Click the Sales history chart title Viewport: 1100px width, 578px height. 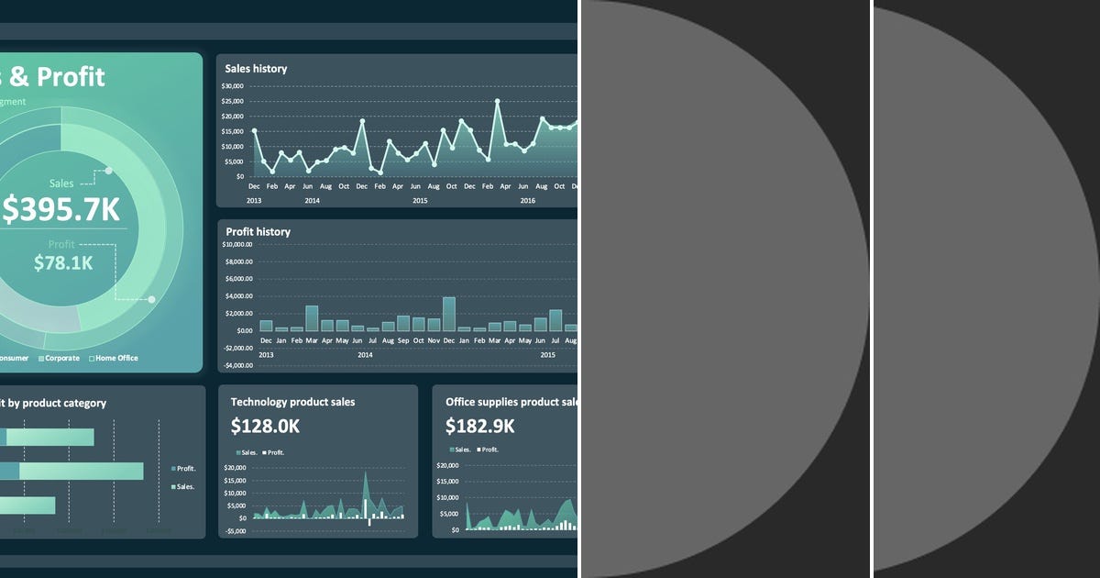coord(256,69)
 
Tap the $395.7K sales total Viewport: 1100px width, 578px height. coord(60,210)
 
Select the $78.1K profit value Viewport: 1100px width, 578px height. coord(63,263)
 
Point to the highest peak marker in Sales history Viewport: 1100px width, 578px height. coord(497,101)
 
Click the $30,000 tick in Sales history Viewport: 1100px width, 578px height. coord(233,86)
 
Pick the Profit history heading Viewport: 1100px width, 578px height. coord(258,232)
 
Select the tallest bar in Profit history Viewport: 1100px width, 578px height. coord(449,314)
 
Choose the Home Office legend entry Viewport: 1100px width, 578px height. coord(115,358)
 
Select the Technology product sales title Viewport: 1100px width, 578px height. coord(292,402)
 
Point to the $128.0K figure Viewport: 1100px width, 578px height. coord(265,426)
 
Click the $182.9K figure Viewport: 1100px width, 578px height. coord(479,426)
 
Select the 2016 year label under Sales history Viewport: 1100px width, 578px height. coord(527,200)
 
